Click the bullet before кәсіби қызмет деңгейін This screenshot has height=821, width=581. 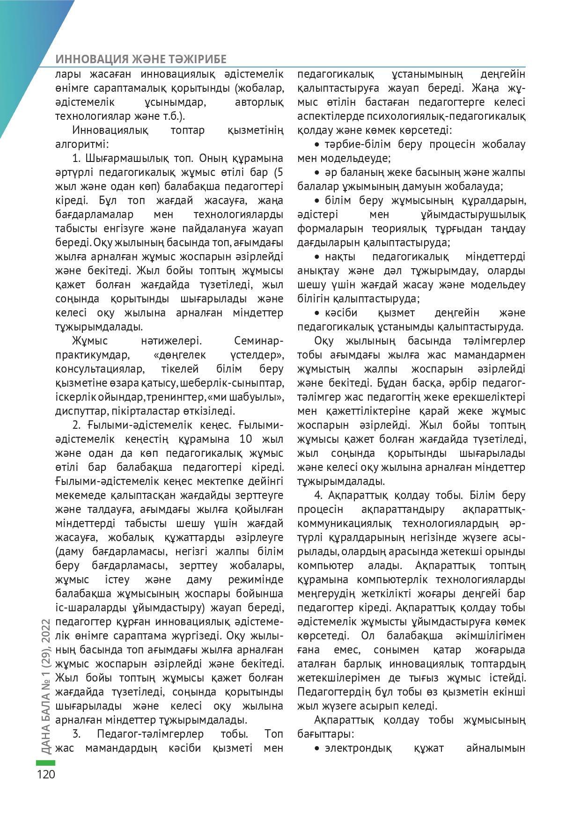coord(317,313)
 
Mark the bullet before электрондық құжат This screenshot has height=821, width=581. coord(317,748)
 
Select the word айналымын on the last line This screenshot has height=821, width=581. coord(495,748)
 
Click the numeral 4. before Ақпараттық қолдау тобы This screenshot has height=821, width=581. coord(319,495)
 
